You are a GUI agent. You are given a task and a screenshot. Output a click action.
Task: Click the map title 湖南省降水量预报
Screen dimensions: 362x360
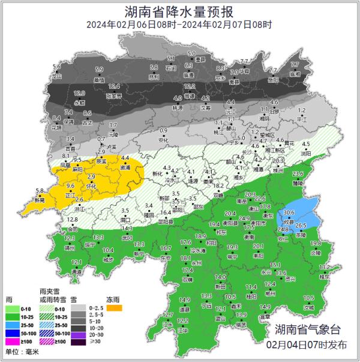tap(179, 11)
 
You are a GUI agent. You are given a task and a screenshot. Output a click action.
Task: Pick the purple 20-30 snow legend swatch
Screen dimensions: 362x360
tap(79, 333)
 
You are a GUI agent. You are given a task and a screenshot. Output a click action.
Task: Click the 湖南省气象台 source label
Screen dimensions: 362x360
tap(307, 330)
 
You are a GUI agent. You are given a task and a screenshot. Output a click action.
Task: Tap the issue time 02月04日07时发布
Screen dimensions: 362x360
tap(307, 345)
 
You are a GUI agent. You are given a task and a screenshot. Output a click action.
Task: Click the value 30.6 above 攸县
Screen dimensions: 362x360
tap(289, 213)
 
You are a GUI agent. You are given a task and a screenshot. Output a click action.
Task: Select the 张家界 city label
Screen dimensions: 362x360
tap(114, 95)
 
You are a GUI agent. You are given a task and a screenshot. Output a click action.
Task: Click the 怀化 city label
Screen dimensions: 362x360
tap(91, 187)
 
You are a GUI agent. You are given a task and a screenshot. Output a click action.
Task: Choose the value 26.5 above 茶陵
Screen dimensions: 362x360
tap(301, 225)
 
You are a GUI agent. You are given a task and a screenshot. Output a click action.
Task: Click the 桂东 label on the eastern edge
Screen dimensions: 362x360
tap(325, 277)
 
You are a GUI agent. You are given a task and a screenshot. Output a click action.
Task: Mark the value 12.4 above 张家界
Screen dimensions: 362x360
tap(114, 86)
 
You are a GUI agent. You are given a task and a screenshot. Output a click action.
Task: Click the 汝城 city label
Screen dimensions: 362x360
tap(308, 307)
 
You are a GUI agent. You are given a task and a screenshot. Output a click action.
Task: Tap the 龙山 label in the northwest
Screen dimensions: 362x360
tap(57, 77)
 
